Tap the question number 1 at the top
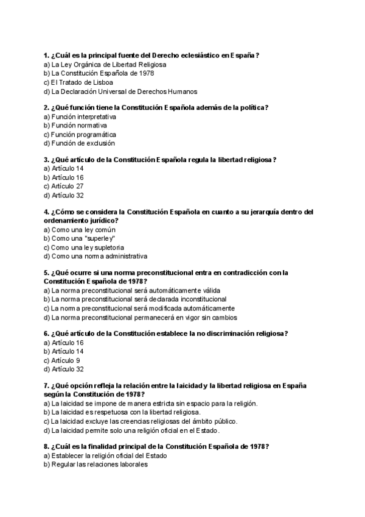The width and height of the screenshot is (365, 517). point(46,55)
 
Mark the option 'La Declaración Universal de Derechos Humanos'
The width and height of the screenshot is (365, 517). point(124,91)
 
